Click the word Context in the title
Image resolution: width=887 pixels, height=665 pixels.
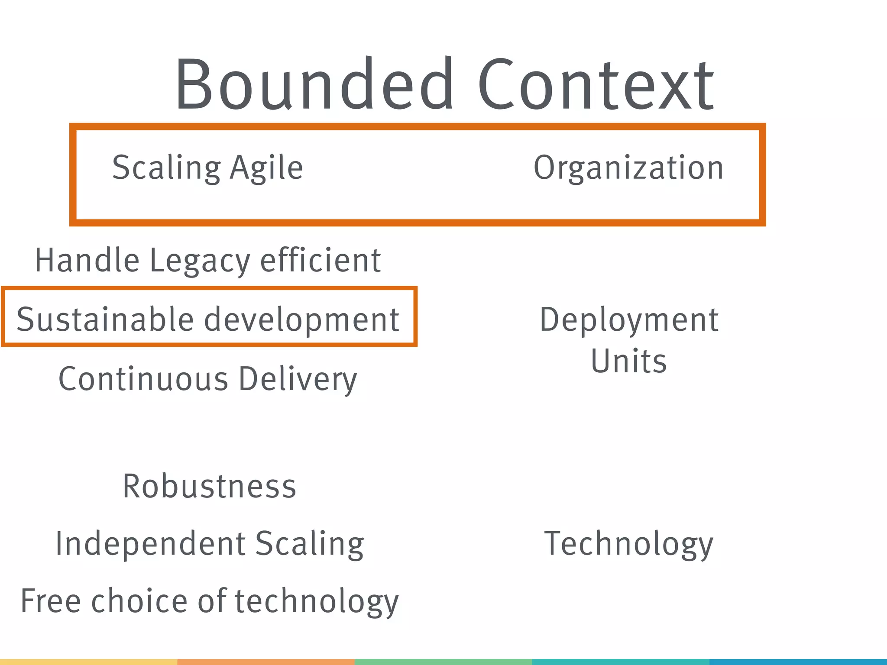coord(596,84)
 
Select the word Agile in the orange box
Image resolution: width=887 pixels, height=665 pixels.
coord(266,168)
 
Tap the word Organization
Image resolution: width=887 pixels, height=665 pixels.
coord(628,168)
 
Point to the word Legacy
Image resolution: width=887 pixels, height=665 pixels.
coord(200,261)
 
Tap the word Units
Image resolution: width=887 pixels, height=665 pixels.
coord(629,361)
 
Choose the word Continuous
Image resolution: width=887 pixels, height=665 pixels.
coord(143,379)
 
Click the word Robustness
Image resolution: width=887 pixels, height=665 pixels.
coord(210,486)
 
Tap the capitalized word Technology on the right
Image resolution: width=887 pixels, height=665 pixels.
coord(628,544)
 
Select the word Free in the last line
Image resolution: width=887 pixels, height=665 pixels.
coord(51,601)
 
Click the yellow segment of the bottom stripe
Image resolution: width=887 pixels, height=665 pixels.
coord(88,662)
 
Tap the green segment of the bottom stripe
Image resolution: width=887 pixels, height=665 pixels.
coord(443,662)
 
